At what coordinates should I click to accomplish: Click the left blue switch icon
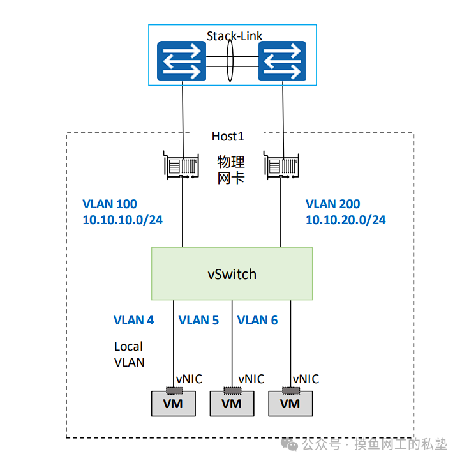click(x=182, y=62)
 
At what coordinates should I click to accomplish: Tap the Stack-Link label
click(x=234, y=36)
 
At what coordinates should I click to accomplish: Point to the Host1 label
click(x=228, y=136)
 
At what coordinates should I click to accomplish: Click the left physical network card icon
click(x=181, y=165)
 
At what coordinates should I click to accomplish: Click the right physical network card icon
click(x=281, y=165)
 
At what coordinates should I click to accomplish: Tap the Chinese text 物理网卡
click(x=231, y=169)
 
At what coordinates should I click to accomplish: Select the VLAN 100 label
click(x=110, y=204)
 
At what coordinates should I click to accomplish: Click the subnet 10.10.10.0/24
click(x=123, y=220)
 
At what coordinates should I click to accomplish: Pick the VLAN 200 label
click(x=332, y=204)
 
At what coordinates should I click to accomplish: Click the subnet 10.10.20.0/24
click(x=345, y=220)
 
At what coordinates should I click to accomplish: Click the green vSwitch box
click(x=232, y=274)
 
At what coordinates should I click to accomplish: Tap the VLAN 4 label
click(x=133, y=320)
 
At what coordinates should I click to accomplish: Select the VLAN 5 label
click(x=198, y=320)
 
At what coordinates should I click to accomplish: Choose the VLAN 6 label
click(x=257, y=320)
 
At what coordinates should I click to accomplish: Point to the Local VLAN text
click(x=129, y=354)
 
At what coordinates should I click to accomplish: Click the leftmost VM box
click(x=173, y=404)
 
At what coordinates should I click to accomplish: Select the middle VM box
click(x=232, y=404)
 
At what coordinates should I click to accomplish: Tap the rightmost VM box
click(x=290, y=404)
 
